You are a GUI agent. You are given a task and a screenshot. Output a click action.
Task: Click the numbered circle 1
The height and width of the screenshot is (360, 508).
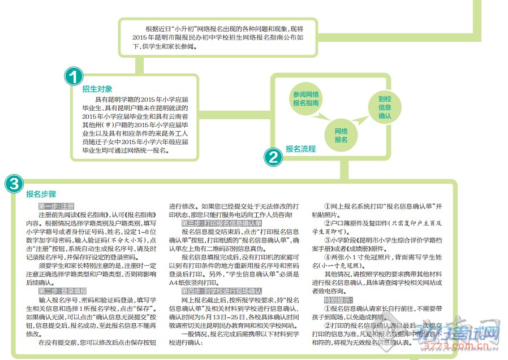74,77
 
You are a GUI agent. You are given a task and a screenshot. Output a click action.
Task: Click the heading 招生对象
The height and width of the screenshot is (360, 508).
97,89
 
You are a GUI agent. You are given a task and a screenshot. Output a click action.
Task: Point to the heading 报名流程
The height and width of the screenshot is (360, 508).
300,149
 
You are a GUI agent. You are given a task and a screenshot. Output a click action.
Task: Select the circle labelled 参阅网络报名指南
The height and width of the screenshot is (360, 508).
306,99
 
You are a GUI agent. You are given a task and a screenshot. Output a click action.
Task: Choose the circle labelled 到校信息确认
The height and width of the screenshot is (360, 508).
385,107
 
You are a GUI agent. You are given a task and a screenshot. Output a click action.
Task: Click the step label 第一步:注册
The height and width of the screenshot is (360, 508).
56,207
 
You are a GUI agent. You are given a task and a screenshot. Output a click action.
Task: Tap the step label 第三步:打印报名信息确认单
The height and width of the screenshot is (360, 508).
221,224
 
